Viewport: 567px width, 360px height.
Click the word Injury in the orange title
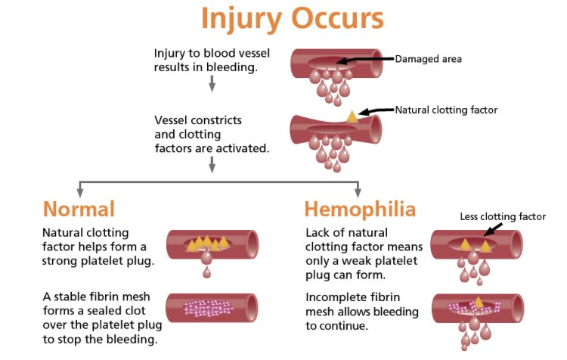tap(241, 19)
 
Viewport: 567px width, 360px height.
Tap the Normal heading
tap(79, 209)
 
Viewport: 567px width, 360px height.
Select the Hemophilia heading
tap(360, 209)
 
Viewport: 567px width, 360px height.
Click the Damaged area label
tap(428, 59)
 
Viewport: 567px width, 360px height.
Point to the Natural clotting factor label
tap(446, 110)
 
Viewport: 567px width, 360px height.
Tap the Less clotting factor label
tap(503, 216)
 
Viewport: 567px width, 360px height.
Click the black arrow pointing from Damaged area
tap(365, 60)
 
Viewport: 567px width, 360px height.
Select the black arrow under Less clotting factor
tap(493, 229)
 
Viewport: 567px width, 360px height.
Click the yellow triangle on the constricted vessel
tap(352, 117)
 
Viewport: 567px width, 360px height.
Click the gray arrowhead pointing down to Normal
tap(80, 192)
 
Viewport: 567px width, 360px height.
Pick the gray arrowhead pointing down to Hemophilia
tap(358, 192)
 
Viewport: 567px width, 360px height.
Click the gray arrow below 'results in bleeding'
tap(212, 84)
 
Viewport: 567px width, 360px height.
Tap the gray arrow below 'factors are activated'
tap(212, 165)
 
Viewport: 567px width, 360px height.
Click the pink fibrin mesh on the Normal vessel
tap(208, 309)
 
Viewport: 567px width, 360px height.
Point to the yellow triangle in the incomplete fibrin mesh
tap(479, 303)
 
